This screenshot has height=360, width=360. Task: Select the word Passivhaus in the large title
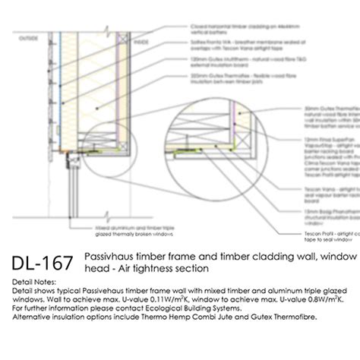point(110,257)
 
